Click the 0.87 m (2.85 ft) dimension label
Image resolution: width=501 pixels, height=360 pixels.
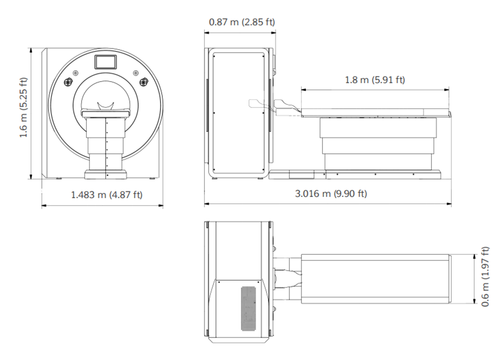click(x=242, y=22)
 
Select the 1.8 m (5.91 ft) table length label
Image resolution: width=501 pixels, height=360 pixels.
click(x=375, y=79)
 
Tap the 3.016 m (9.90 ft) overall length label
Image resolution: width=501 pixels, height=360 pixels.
click(x=331, y=194)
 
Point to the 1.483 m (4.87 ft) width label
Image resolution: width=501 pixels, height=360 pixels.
click(x=107, y=194)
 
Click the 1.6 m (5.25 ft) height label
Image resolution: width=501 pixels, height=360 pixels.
click(x=23, y=107)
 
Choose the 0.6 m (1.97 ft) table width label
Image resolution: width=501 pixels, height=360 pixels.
click(x=485, y=277)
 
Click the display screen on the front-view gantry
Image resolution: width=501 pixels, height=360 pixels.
click(x=105, y=62)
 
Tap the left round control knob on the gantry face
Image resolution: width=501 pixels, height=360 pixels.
click(x=69, y=82)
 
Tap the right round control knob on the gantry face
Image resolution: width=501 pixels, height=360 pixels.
click(x=145, y=82)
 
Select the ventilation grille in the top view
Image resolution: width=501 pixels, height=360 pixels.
click(x=248, y=308)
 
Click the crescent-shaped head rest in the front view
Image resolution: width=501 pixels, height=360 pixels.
click(x=106, y=106)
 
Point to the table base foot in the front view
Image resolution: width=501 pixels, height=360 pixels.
click(x=105, y=175)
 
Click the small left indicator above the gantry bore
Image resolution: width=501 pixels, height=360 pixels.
click(x=76, y=73)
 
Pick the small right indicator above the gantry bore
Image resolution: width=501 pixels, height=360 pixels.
click(x=136, y=73)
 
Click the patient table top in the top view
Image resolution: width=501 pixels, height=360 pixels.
click(x=375, y=279)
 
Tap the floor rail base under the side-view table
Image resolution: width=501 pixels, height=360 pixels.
click(x=355, y=175)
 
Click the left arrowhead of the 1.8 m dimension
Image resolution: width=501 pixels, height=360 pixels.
click(x=303, y=90)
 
